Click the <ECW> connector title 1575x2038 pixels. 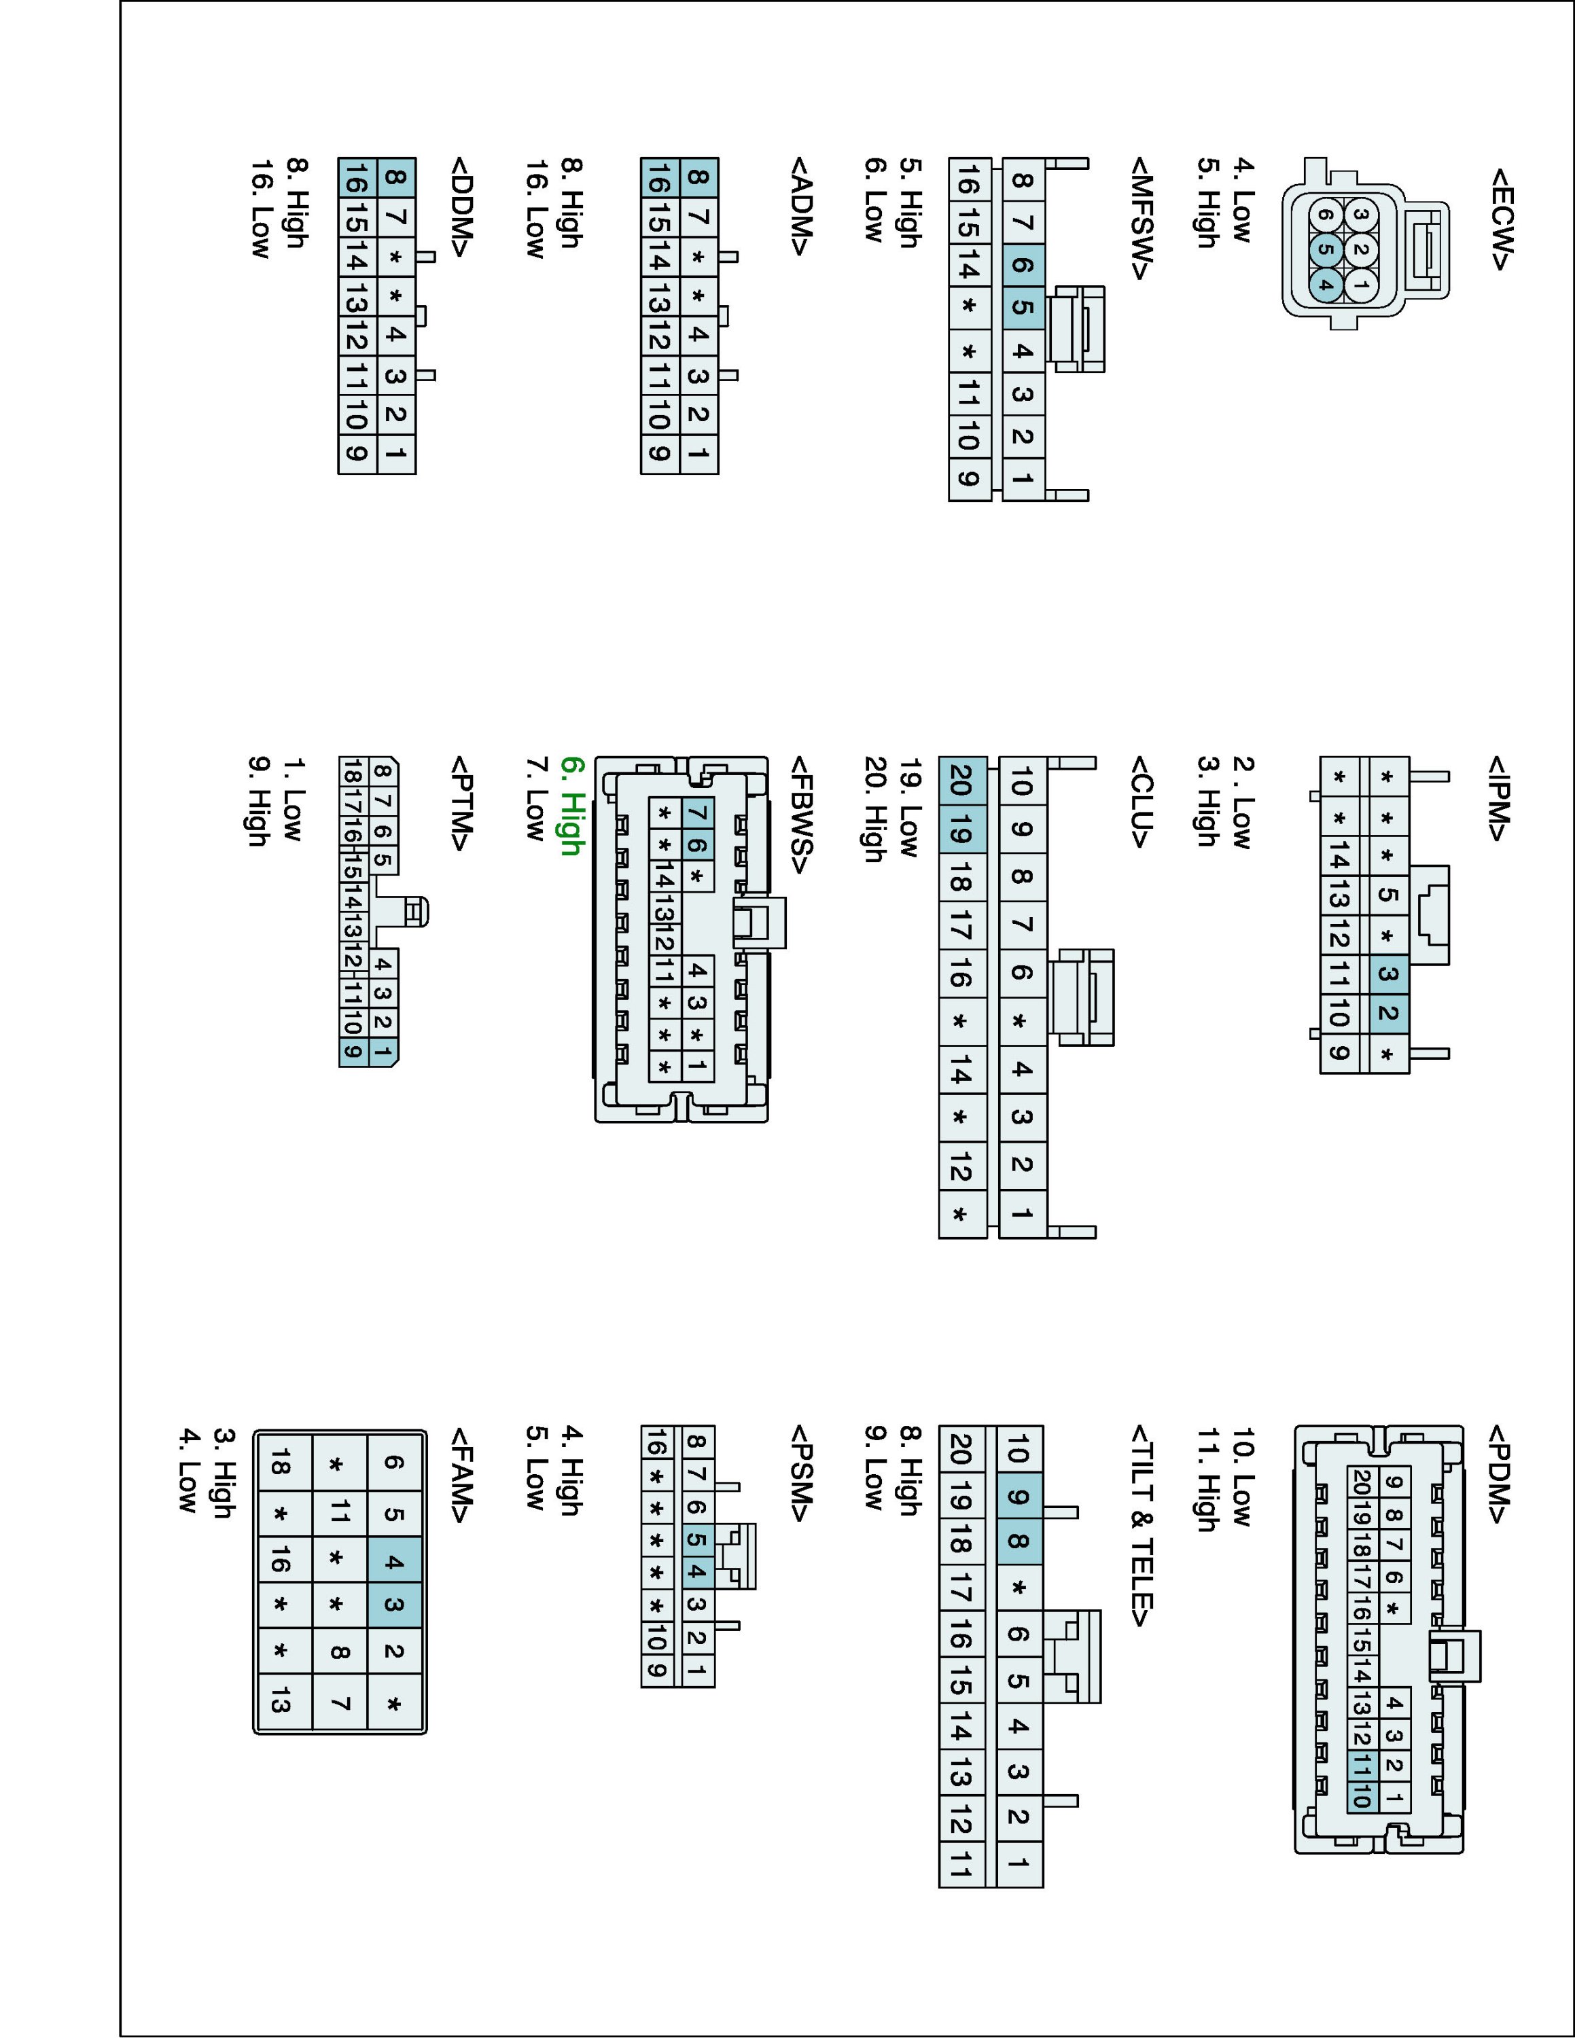click(x=1500, y=219)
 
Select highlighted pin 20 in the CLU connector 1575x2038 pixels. click(x=960, y=780)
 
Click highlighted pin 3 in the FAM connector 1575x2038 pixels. click(x=394, y=1605)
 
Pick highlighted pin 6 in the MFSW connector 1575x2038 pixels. click(x=1023, y=265)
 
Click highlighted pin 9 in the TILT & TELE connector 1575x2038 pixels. click(x=1019, y=1499)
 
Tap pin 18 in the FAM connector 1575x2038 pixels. click(x=281, y=1466)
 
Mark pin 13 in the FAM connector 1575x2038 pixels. click(x=281, y=1703)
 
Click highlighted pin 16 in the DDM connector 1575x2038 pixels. click(x=357, y=178)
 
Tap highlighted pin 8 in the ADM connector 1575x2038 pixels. click(x=698, y=177)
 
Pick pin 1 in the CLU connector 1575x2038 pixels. click(x=1023, y=1214)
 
